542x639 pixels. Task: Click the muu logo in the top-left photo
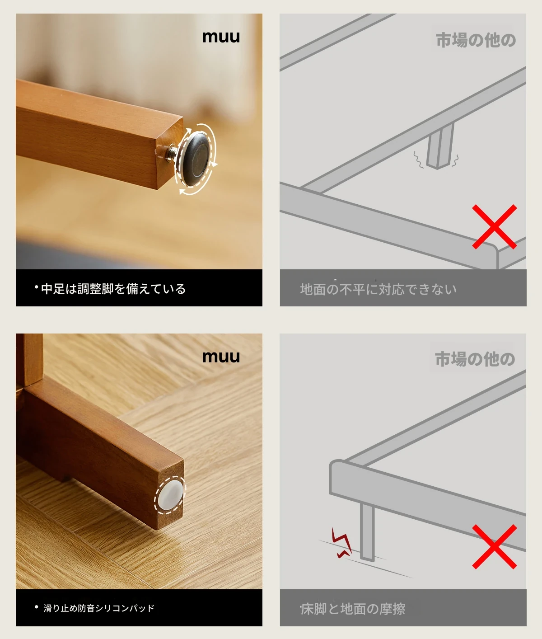click(x=221, y=37)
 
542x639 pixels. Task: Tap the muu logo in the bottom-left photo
click(x=221, y=357)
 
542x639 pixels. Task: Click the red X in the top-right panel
click(x=495, y=226)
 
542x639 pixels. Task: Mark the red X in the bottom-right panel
click(x=495, y=546)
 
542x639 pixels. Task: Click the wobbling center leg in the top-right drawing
click(x=440, y=146)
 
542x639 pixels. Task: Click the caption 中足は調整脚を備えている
click(x=113, y=289)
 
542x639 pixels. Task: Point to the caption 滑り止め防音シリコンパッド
click(x=98, y=608)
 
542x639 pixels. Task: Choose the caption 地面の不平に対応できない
click(x=378, y=289)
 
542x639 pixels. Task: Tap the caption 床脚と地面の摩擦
click(x=353, y=609)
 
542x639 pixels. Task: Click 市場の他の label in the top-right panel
click(x=476, y=40)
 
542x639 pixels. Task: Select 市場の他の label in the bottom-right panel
click(x=475, y=359)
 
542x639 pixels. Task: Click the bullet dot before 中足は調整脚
click(x=37, y=287)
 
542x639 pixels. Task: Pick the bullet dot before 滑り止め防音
click(x=37, y=607)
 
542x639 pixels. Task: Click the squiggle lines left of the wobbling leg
click(x=418, y=160)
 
